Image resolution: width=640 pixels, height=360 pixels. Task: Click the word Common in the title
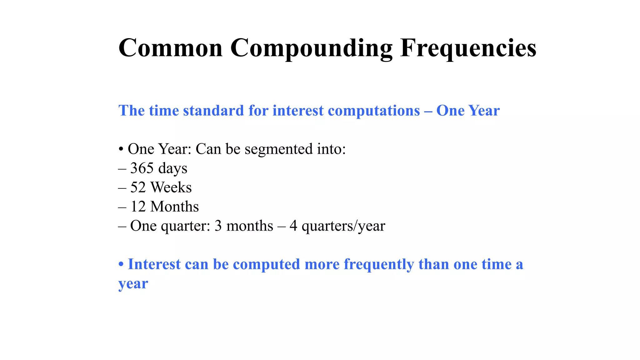point(170,48)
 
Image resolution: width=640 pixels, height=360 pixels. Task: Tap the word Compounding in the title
point(311,49)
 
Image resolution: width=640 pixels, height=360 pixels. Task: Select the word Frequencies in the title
point(468,49)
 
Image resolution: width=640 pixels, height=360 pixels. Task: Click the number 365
point(142,168)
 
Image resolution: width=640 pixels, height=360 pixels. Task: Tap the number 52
point(138,187)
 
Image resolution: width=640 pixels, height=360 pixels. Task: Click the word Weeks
point(171,187)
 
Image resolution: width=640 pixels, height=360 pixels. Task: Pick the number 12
point(138,207)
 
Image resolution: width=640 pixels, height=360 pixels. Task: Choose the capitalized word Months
point(174,207)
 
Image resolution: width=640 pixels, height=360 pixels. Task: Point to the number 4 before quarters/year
point(293,226)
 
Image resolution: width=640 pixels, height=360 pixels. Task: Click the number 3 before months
point(218,226)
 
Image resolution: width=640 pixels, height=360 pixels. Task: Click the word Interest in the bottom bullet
point(154,264)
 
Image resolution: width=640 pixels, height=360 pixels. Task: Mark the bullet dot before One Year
point(121,149)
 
